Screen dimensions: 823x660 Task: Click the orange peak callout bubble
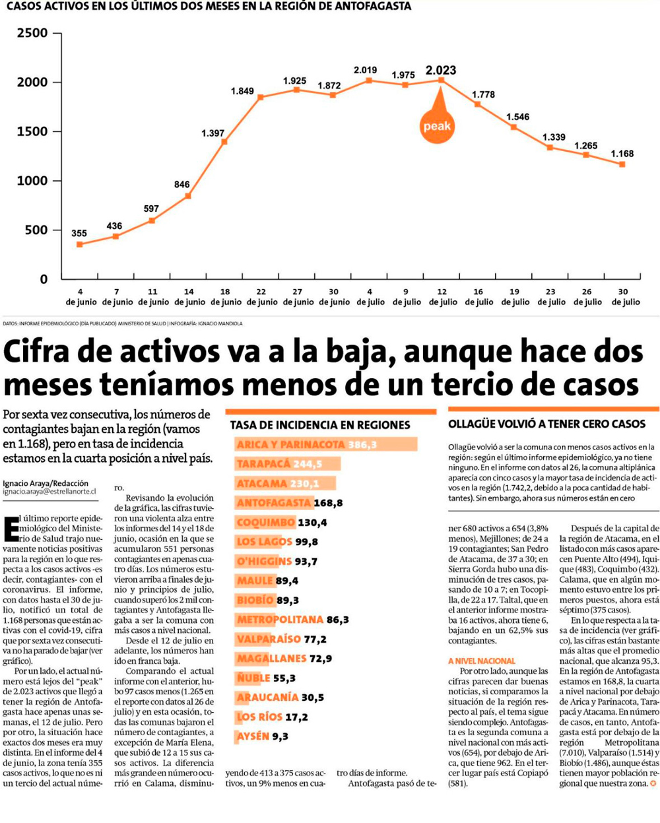[x=437, y=125]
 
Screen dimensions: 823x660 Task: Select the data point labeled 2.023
[x=442, y=81]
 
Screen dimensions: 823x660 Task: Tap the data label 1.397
[x=213, y=133]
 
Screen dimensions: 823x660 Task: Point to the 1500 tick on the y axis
[x=32, y=131]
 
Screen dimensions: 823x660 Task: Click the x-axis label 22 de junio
[x=262, y=297]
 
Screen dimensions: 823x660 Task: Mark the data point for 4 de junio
[x=80, y=244]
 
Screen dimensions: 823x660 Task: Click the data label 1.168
[x=622, y=154]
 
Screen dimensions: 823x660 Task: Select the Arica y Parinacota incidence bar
[x=327, y=445]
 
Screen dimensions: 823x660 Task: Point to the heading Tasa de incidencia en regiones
[x=320, y=426]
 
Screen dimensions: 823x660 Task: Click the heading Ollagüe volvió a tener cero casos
[x=546, y=424]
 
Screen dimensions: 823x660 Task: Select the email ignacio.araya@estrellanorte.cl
[x=49, y=492]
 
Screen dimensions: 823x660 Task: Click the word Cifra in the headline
[x=44, y=352]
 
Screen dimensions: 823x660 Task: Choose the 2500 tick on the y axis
[x=32, y=33]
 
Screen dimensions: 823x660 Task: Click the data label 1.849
[x=242, y=91]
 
